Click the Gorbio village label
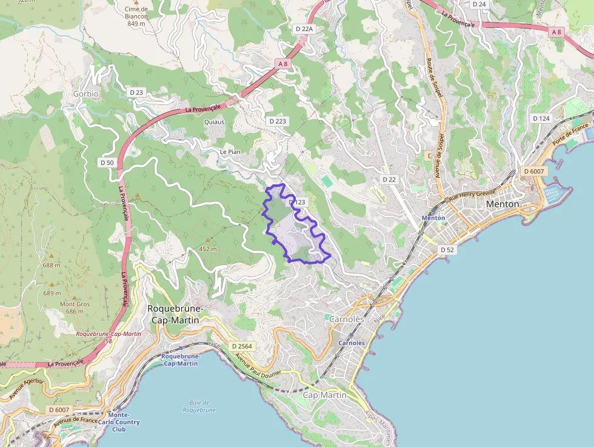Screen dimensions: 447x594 pyautogui.click(x=85, y=94)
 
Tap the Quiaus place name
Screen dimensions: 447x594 pyautogui.click(x=214, y=122)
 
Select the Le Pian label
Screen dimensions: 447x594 pyautogui.click(x=230, y=152)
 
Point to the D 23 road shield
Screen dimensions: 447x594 pyautogui.click(x=136, y=92)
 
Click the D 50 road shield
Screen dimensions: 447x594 pyautogui.click(x=107, y=163)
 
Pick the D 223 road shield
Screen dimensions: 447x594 pyautogui.click(x=277, y=121)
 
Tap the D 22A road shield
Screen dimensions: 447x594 pyautogui.click(x=304, y=29)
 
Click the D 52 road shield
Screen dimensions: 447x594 pyautogui.click(x=447, y=250)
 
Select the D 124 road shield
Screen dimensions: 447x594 pyautogui.click(x=541, y=118)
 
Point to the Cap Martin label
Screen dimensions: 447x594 pyautogui.click(x=324, y=395)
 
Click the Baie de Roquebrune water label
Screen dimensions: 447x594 pyautogui.click(x=199, y=406)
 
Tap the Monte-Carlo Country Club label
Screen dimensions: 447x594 pyautogui.click(x=122, y=422)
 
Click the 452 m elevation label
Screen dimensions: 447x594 pyautogui.click(x=208, y=249)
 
